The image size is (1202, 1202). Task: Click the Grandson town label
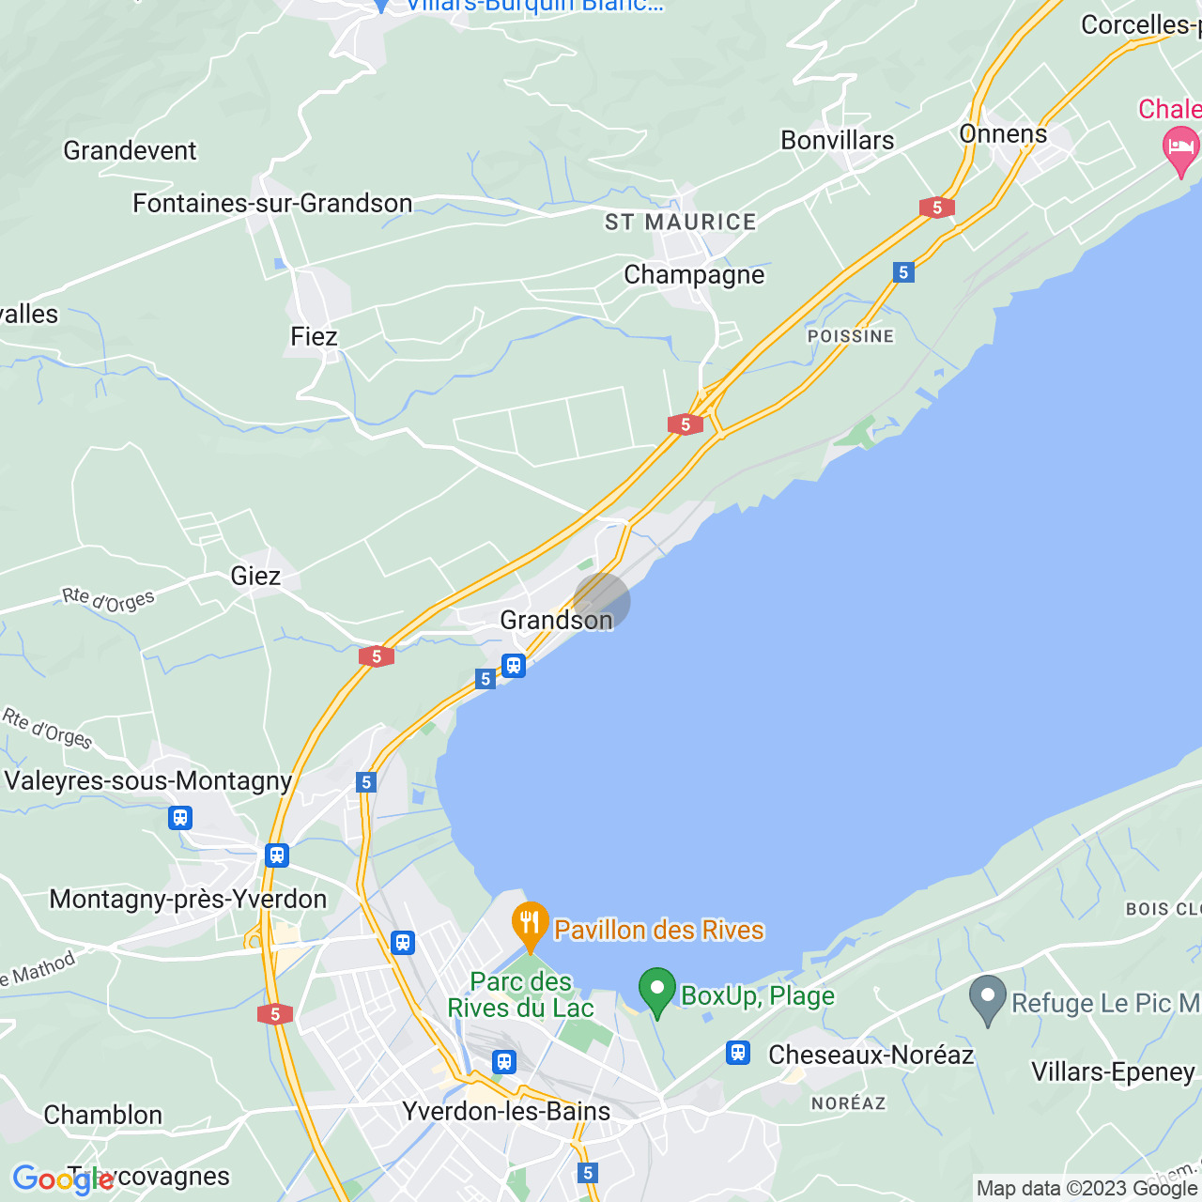[x=556, y=621]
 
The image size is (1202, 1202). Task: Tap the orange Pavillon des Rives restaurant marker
[x=531, y=925]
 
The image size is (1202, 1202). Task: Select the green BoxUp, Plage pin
[x=657, y=991]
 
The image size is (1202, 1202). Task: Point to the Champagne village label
[x=694, y=275]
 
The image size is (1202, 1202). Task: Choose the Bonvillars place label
[x=838, y=141]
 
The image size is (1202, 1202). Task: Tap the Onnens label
[x=1003, y=134]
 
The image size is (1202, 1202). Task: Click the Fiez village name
[x=314, y=336]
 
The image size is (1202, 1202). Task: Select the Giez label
[x=255, y=576]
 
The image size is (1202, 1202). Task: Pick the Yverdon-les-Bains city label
[x=506, y=1112]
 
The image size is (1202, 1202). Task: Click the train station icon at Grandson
[x=513, y=666]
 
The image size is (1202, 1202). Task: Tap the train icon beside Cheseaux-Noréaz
[x=738, y=1053]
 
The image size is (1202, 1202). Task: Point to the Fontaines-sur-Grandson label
[x=272, y=204]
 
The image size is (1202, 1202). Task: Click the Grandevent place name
[x=131, y=151]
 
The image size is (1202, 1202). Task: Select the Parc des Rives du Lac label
[x=521, y=995]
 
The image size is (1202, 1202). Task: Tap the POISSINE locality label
[x=851, y=336]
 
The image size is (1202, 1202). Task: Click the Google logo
[x=63, y=1179]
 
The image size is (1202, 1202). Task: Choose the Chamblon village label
[x=103, y=1116]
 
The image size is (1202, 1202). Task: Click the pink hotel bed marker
[x=1180, y=149]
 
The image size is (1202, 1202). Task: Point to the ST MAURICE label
[x=681, y=223]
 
